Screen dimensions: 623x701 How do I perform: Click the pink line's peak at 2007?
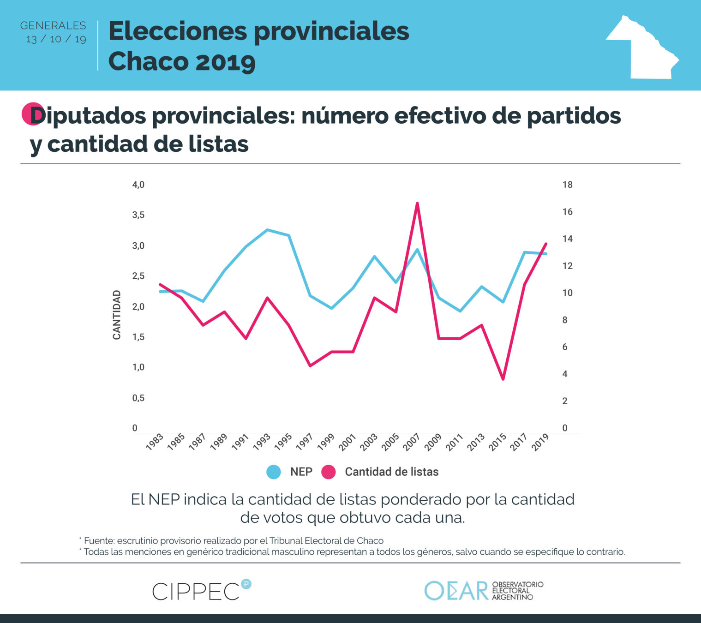tap(417, 204)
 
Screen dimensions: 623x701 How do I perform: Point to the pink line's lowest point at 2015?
tap(503, 379)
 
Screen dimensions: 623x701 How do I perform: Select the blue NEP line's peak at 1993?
tap(267, 230)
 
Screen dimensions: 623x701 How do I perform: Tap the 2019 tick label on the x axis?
tap(540, 442)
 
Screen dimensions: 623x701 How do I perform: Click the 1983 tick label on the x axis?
tap(155, 442)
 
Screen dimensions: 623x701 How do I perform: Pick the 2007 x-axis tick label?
tap(412, 442)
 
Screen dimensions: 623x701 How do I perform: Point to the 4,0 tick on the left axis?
tap(138, 185)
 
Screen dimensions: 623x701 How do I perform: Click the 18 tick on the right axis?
tap(567, 185)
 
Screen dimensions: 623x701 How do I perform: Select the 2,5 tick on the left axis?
tap(138, 276)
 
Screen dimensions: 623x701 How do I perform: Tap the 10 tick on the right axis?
tap(567, 293)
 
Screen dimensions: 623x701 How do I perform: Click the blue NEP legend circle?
tap(274, 472)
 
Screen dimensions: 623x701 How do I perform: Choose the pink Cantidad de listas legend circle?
tap(329, 472)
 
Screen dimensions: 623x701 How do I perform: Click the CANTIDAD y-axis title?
tap(117, 315)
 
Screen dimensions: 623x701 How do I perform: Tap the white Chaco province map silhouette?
tap(646, 51)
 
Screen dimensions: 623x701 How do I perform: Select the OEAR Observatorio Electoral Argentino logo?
tap(483, 591)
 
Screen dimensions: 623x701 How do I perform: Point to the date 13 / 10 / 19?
tap(56, 39)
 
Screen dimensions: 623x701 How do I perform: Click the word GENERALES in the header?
tap(53, 26)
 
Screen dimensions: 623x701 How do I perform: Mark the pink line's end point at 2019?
tap(546, 244)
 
